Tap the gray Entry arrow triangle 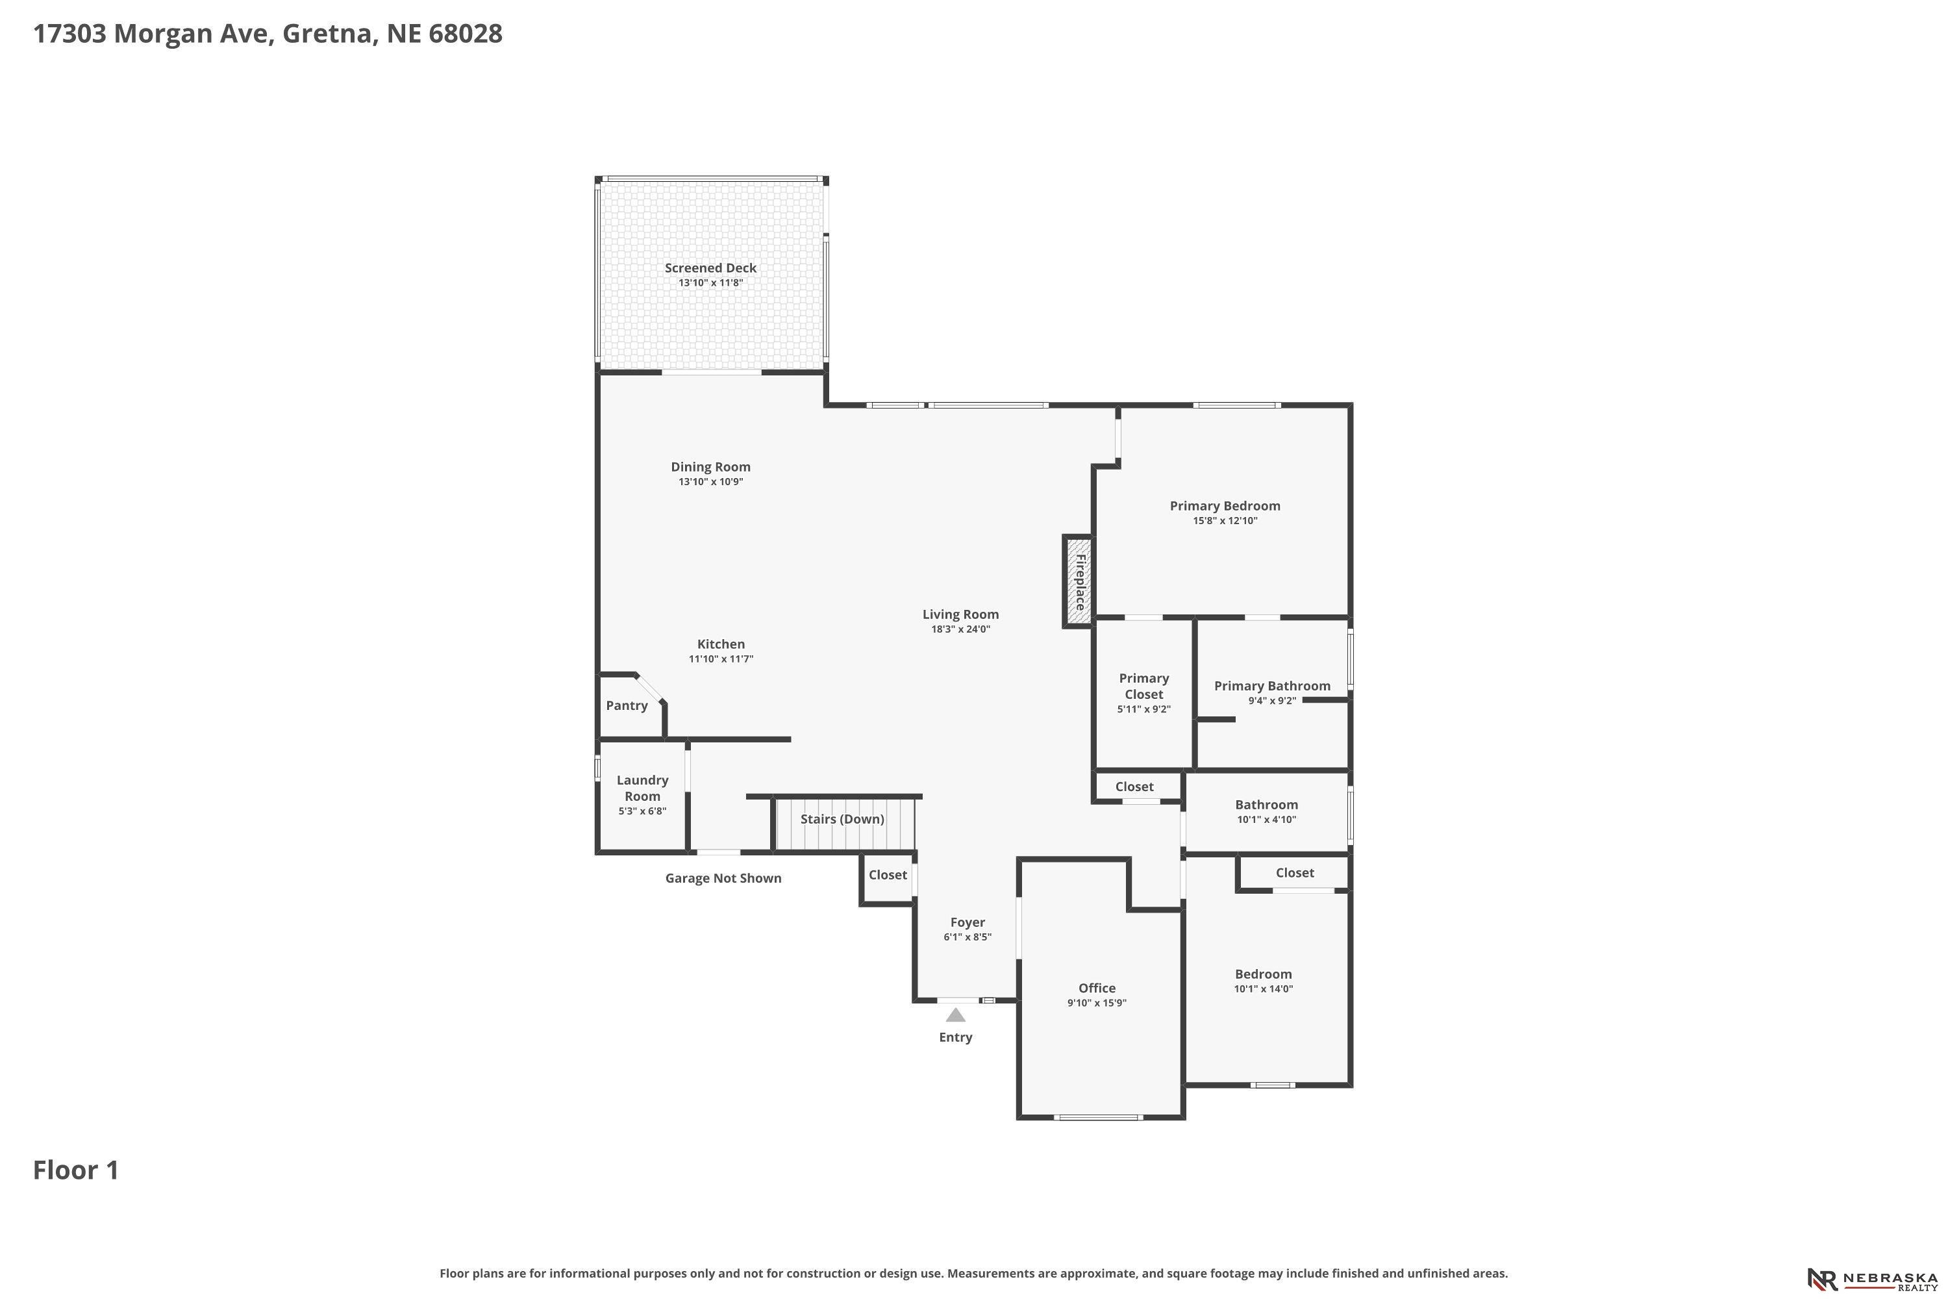pos(956,1015)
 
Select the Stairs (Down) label pos(842,819)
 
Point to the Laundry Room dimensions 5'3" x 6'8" pos(643,811)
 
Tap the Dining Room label pos(710,467)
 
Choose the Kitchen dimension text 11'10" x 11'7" pos(721,659)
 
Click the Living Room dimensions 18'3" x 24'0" pos(961,629)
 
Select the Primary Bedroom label pos(1225,506)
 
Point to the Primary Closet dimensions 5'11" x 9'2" pos(1143,709)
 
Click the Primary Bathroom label pos(1272,686)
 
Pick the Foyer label pos(968,922)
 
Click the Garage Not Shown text pos(724,878)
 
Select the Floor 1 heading pos(76,1170)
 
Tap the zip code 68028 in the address pos(466,34)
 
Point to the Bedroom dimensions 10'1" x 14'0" pos(1264,989)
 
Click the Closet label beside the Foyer pos(888,875)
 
